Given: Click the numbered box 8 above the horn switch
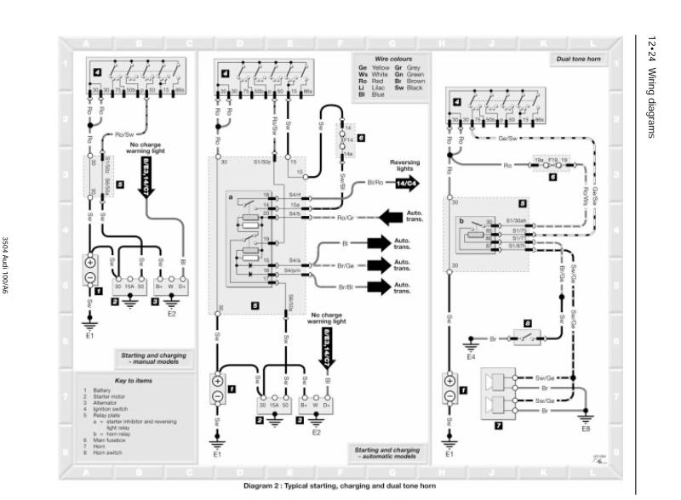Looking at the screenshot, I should click(x=528, y=323).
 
